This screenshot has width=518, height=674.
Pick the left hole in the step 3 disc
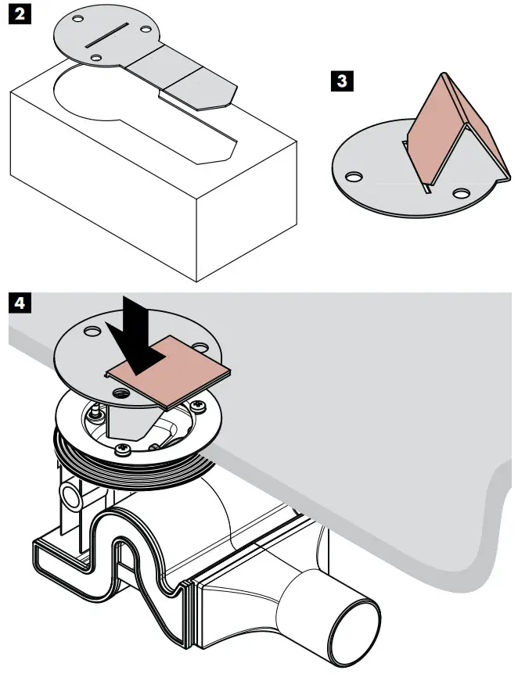point(355,177)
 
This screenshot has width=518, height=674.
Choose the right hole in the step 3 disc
point(461,192)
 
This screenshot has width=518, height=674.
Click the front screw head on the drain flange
point(123,451)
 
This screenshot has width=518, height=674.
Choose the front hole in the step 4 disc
point(121,390)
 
